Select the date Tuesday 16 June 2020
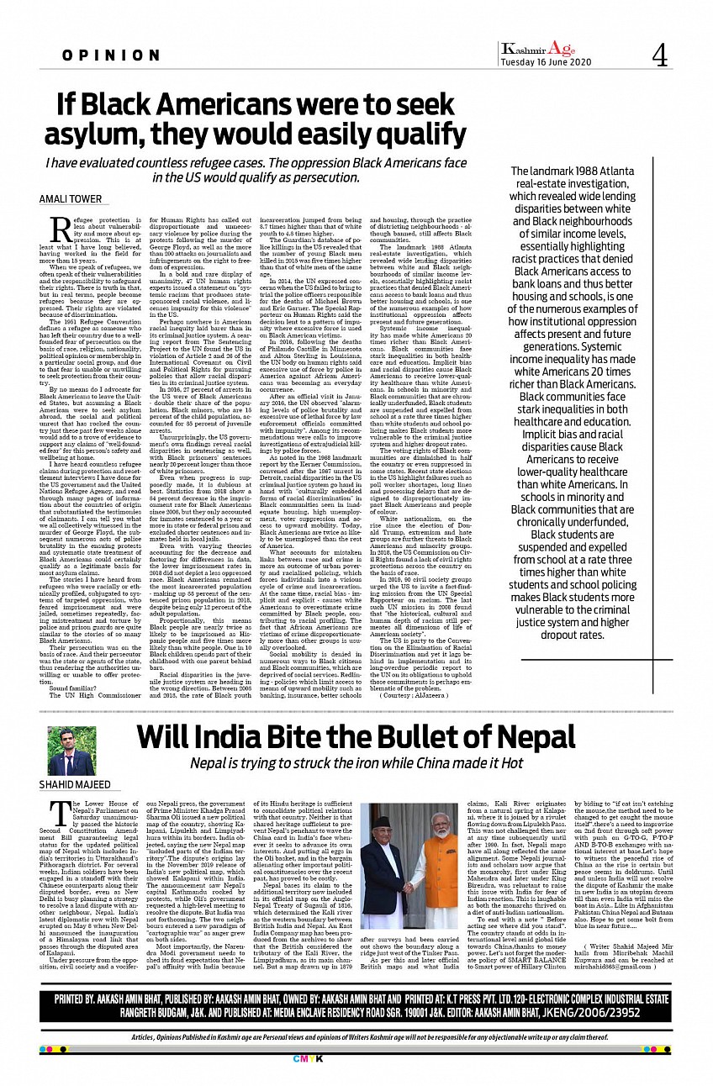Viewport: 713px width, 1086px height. (x=546, y=63)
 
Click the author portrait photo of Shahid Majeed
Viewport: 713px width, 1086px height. (x=71, y=751)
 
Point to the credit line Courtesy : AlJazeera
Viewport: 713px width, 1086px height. (x=409, y=697)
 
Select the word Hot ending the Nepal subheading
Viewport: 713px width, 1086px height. (x=510, y=763)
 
